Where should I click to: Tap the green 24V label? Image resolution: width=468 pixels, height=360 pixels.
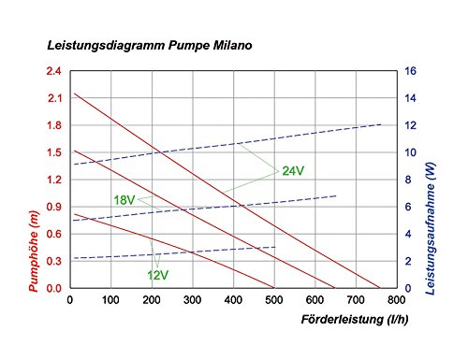(293, 171)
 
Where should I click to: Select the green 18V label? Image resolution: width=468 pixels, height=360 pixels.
(124, 200)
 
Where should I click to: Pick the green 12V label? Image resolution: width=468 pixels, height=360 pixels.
(157, 275)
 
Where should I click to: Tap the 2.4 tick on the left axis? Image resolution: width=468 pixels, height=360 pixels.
(54, 71)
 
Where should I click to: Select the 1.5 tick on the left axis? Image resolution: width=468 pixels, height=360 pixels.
(54, 152)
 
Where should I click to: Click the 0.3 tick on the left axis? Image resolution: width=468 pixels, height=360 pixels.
(54, 262)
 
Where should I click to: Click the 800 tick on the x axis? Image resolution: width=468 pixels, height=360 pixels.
(397, 300)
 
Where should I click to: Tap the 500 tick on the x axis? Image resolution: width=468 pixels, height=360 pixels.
(274, 300)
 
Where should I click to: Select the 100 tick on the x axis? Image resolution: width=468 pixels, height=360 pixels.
(111, 300)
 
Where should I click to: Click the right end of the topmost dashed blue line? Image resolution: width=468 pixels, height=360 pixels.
(381, 124)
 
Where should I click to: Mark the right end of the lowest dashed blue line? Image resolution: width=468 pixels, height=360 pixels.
(275, 248)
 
